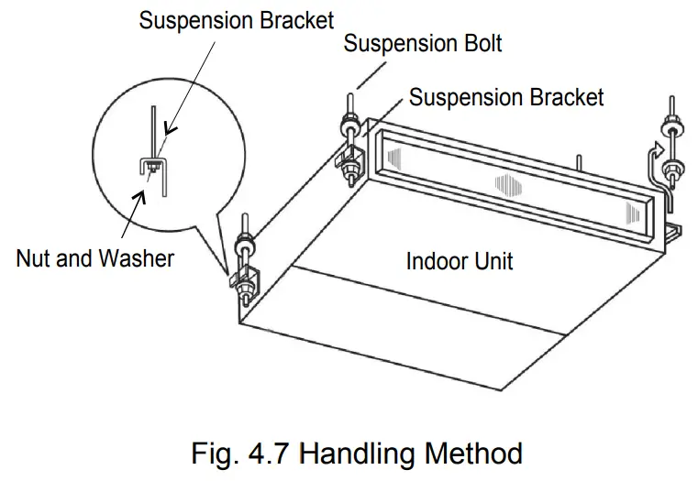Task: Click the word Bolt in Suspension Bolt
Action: (x=478, y=43)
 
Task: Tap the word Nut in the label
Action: (x=37, y=258)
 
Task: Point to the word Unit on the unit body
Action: (x=493, y=261)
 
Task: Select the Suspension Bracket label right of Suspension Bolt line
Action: (x=506, y=97)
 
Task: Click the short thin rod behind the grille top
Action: (x=577, y=162)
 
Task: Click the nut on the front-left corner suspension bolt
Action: (x=247, y=247)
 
